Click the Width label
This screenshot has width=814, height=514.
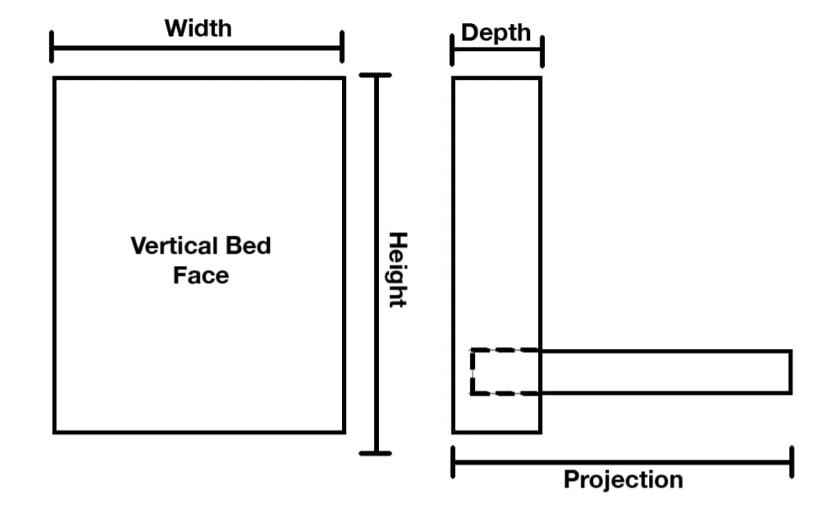coord(198,29)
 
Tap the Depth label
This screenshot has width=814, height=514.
coord(496,32)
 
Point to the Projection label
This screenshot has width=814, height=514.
coord(623,479)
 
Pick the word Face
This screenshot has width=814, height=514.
coord(200,275)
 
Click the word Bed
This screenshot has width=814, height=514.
coord(251,246)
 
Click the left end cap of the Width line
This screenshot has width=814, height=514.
coord(52,47)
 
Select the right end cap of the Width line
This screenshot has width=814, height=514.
coord(342,47)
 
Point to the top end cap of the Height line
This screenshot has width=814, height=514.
coord(375,75)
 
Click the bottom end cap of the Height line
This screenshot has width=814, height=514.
coord(375,453)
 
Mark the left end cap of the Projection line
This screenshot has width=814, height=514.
coord(452,461)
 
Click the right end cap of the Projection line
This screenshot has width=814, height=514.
coord(791,461)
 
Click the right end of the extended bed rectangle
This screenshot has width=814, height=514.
coord(791,372)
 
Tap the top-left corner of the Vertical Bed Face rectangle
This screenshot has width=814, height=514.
coord(54,78)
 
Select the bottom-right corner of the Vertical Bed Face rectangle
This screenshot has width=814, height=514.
coord(344,432)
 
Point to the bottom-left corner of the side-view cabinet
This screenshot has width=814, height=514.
coord(454,432)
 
